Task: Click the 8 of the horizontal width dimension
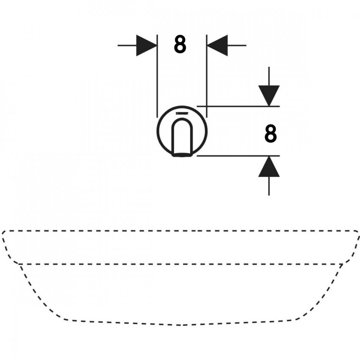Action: (180, 45)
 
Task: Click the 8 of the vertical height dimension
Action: (271, 134)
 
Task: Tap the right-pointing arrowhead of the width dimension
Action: (147, 45)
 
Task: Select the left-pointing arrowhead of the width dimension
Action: (217, 45)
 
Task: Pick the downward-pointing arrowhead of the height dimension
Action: (269, 96)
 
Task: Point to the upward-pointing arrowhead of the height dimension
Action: (269, 166)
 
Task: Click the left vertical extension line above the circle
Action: (157, 76)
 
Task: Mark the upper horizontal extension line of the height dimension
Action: (238, 106)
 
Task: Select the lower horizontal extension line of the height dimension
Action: (238, 156)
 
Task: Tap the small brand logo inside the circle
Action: (182, 113)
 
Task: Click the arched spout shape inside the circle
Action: (182, 137)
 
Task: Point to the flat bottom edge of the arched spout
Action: (182, 155)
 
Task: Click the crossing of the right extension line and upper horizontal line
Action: (207, 106)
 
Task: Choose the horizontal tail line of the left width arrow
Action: (127, 45)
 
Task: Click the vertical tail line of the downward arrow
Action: (269, 76)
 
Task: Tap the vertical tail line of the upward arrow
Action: (269, 186)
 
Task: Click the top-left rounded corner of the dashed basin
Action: (4, 233)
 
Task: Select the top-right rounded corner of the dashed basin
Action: (356, 232)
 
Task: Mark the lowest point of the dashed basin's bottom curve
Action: (180, 325)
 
